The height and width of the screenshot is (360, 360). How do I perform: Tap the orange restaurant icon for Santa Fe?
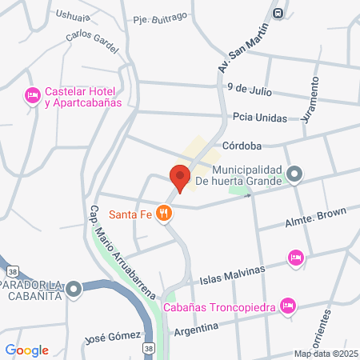click(x=165, y=213)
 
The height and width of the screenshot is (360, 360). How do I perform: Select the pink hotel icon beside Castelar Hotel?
click(x=33, y=96)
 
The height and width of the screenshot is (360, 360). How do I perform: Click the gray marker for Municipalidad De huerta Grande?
click(x=294, y=174)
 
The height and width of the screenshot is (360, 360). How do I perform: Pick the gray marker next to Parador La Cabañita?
click(x=74, y=288)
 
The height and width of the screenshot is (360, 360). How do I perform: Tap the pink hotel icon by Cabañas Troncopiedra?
click(x=289, y=305)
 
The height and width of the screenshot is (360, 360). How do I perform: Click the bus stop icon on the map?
click(x=278, y=13)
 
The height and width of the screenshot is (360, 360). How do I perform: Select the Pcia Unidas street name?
click(x=259, y=117)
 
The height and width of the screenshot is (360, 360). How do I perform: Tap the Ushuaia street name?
click(x=75, y=14)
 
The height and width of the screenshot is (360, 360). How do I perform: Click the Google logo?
click(x=27, y=350)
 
